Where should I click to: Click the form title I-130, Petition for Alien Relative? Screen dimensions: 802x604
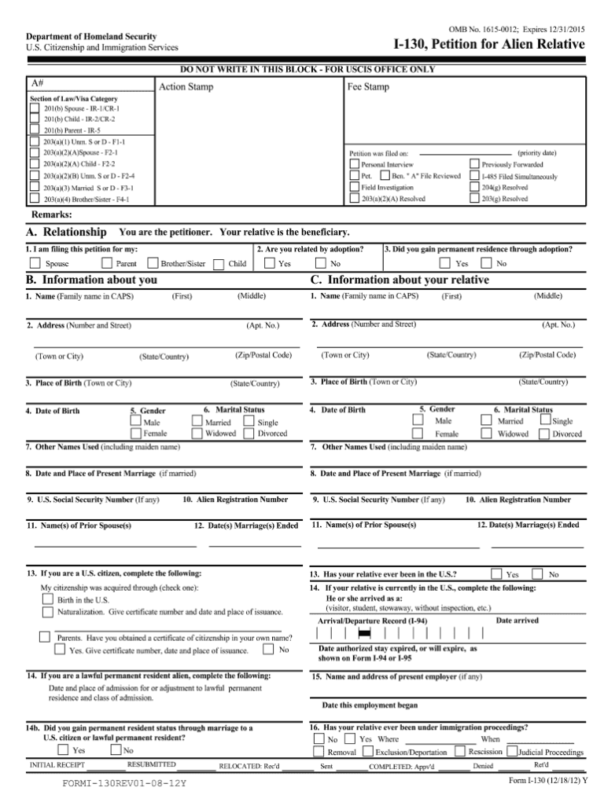[488, 43]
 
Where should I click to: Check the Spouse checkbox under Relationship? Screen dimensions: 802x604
[35, 263]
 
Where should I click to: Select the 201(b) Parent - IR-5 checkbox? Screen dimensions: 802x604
[35, 130]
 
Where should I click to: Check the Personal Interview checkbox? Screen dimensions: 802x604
[354, 165]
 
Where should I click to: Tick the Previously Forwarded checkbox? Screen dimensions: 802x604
[474, 165]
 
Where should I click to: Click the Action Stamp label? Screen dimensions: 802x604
[186, 86]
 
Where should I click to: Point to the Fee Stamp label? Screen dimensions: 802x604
[368, 86]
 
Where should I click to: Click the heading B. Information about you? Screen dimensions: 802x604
[91, 280]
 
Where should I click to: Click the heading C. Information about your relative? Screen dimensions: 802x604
[400, 280]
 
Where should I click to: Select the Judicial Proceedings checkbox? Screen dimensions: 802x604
[512, 751]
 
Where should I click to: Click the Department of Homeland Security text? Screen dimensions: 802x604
[91, 37]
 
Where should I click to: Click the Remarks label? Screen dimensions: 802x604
[51, 214]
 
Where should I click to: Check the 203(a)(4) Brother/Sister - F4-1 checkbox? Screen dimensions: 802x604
[35, 200]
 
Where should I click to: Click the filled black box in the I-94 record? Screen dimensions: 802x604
[364, 632]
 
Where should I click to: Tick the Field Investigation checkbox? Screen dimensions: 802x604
[354, 188]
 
